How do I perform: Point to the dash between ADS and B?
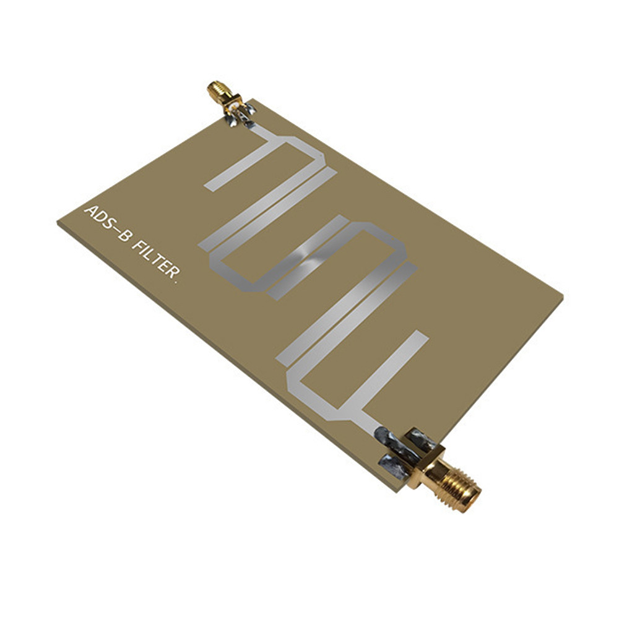(x=115, y=228)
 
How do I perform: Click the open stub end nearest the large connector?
(x=420, y=337)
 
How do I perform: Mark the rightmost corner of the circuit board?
(x=563, y=296)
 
